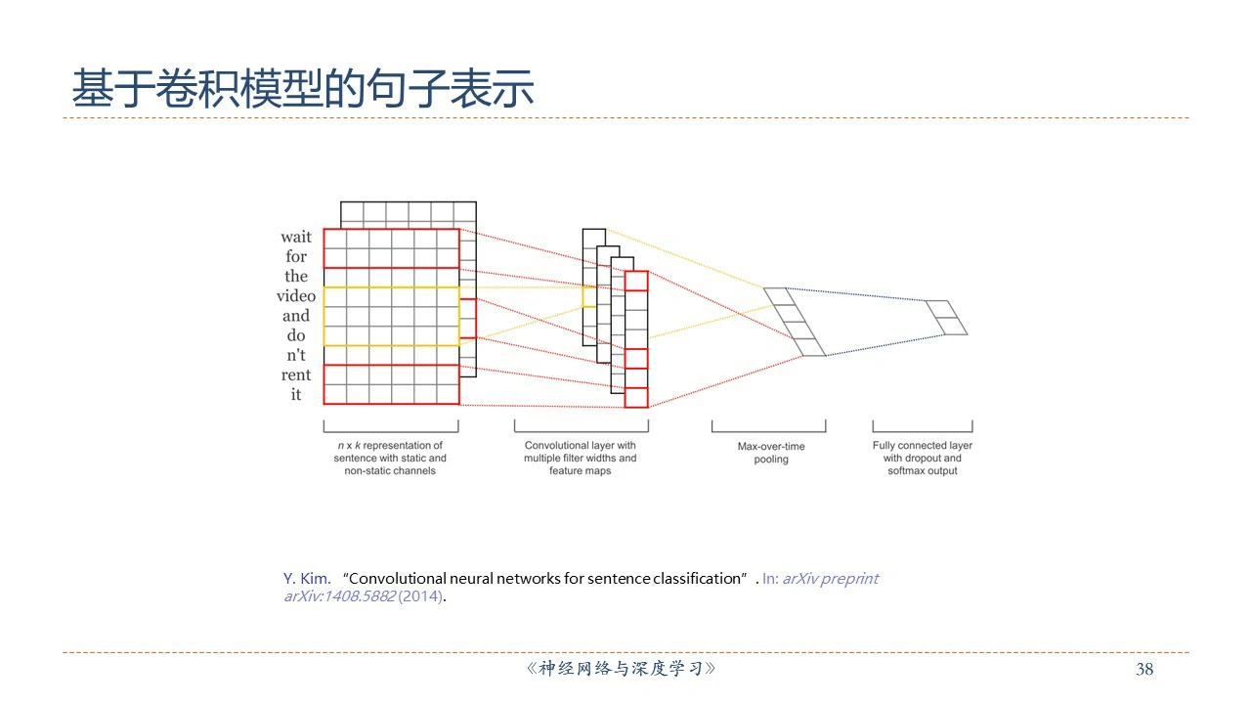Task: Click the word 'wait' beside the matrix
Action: point(296,237)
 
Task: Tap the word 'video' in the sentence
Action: point(295,296)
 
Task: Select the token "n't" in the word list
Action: point(296,355)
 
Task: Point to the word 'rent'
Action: point(296,374)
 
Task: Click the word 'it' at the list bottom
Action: point(296,395)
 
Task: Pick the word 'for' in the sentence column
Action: point(296,256)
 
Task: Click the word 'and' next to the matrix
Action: point(296,316)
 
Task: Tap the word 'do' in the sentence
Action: point(296,335)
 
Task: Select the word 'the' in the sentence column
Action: point(296,276)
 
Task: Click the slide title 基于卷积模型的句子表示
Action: point(303,89)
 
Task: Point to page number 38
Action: point(1144,670)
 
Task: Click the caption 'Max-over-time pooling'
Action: point(771,453)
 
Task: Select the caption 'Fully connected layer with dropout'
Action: point(922,458)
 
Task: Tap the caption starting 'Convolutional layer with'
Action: point(580,458)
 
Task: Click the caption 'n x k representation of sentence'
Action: point(390,458)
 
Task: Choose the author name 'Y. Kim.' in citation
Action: point(307,578)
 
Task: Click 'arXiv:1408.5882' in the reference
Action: point(339,596)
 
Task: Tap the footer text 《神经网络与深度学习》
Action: point(621,670)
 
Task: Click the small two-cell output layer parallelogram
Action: point(946,318)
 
